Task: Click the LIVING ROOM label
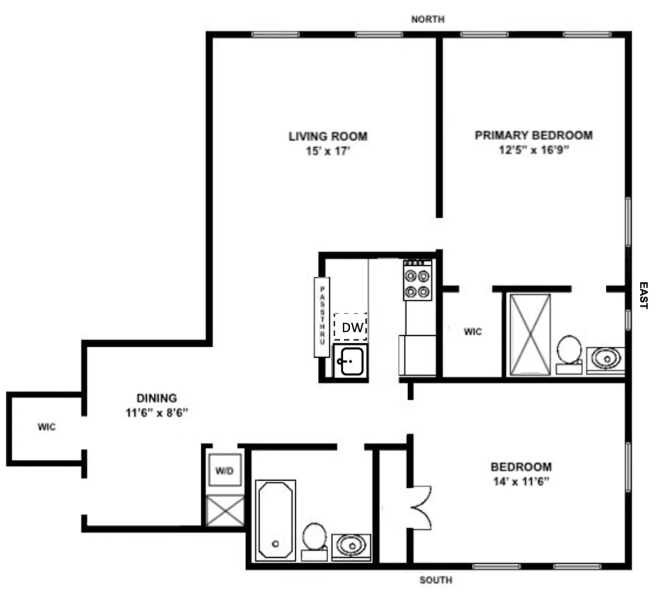pos(328,136)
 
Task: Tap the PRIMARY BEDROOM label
pos(533,135)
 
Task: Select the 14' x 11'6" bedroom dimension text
pos(521,481)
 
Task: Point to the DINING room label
pos(157,398)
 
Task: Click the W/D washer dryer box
pos(225,471)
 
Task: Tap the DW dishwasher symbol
pos(351,327)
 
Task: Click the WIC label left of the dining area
pos(46,427)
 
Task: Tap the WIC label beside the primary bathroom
pos(472,331)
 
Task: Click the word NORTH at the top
pos(428,19)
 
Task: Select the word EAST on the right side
pos(643,295)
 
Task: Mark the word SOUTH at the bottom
pos(436,580)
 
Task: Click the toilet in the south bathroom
pos(314,539)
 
